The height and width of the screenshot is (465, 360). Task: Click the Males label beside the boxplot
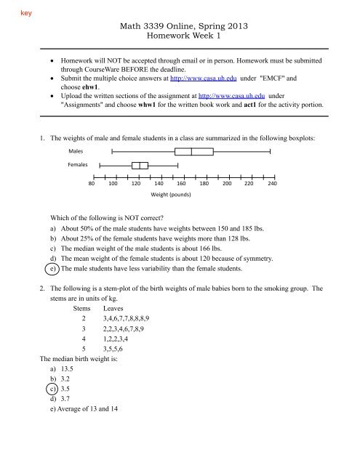[77, 152]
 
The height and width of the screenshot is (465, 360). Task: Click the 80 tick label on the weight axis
[92, 184]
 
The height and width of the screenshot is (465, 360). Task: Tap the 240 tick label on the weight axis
[271, 184]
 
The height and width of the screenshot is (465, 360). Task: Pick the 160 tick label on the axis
[182, 184]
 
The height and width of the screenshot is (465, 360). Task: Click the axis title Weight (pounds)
[170, 195]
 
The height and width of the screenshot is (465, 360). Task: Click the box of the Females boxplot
[140, 166]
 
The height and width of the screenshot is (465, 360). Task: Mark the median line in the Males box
[191, 152]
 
